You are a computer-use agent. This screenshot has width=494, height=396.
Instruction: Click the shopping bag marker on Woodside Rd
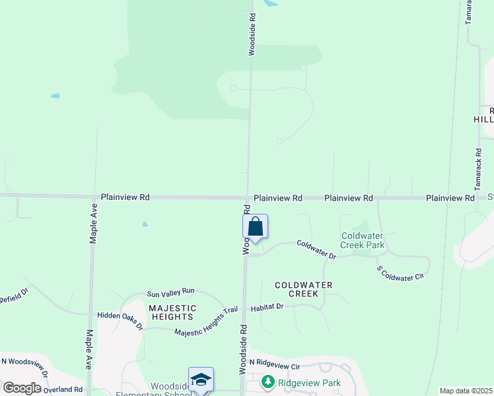(255, 228)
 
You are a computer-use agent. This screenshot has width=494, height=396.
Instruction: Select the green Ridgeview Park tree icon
(267, 382)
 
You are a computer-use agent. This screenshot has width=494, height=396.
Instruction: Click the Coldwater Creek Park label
(363, 240)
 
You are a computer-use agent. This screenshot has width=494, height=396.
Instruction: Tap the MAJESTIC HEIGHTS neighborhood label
(172, 312)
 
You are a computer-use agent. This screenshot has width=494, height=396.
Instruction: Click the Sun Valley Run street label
(170, 292)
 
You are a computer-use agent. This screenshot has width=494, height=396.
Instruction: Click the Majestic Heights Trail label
(205, 320)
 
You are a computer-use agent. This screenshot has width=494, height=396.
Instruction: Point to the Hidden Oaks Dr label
(120, 319)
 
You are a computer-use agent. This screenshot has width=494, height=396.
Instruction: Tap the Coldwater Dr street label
(316, 249)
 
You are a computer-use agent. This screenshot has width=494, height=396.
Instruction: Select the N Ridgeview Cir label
(274, 365)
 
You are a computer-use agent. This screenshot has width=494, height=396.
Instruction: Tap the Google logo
(22, 388)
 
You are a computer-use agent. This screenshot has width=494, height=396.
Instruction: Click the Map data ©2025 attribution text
(466, 391)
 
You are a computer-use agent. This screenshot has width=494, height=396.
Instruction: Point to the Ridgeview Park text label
(308, 383)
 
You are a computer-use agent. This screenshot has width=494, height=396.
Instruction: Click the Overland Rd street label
(63, 389)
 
